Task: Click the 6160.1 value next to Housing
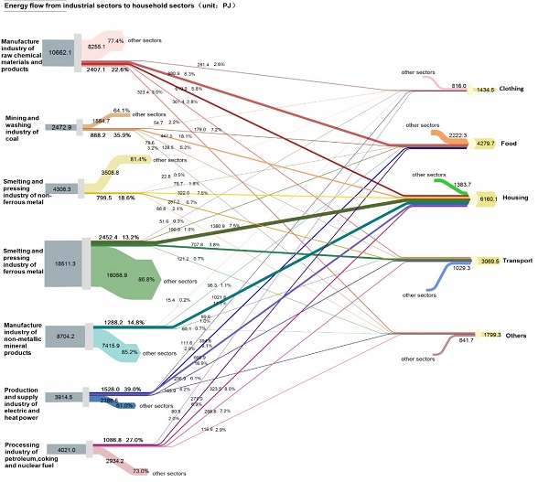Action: coord(488,198)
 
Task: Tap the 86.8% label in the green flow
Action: coord(145,279)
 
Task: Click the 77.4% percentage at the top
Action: coord(115,41)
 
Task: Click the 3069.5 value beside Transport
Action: coord(490,262)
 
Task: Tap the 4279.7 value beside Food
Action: coord(485,143)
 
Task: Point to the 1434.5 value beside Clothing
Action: coord(486,90)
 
